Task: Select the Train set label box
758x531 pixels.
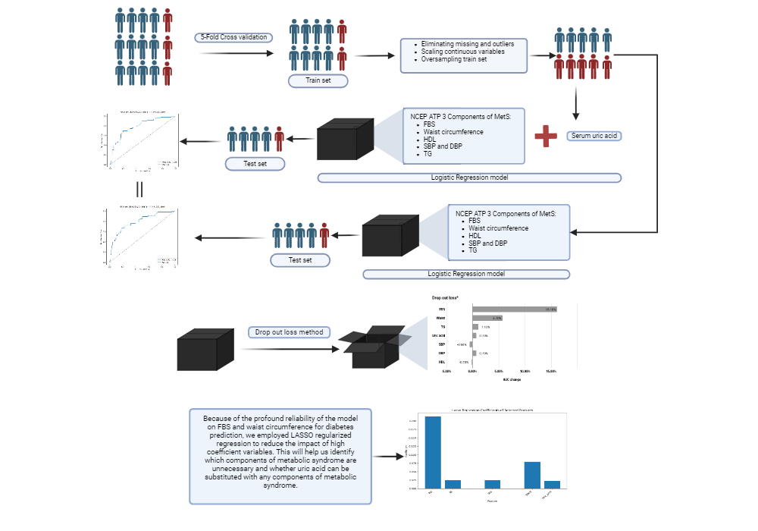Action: tap(318, 80)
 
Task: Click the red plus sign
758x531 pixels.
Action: tap(545, 137)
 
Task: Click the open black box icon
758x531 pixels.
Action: tap(373, 348)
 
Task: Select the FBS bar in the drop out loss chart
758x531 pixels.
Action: tap(515, 309)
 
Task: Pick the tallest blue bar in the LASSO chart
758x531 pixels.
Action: tap(432, 452)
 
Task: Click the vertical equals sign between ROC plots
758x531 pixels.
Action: tap(139, 189)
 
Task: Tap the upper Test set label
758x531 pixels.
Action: tap(255, 163)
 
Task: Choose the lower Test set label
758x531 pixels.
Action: tap(301, 260)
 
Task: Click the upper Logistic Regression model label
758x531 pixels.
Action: tap(469, 178)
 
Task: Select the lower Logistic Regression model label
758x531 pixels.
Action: tap(466, 273)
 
